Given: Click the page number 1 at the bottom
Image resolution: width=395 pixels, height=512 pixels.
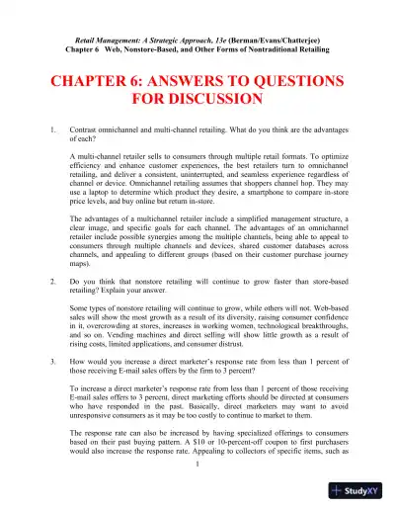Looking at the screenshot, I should pyautogui.click(x=197, y=494).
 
